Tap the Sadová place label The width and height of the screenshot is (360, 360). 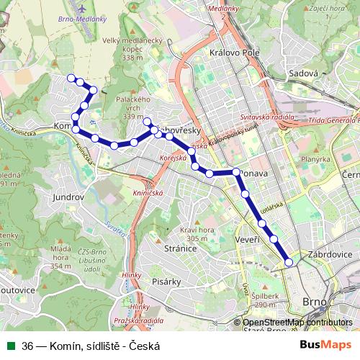(302, 73)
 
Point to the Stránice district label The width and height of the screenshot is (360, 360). (181, 248)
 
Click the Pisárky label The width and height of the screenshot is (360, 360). (164, 282)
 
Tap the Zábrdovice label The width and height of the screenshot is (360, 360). (328, 254)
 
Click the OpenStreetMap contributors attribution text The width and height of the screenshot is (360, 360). (297, 323)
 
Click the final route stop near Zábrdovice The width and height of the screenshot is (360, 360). (289, 263)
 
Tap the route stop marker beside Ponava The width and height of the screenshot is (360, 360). (235, 172)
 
